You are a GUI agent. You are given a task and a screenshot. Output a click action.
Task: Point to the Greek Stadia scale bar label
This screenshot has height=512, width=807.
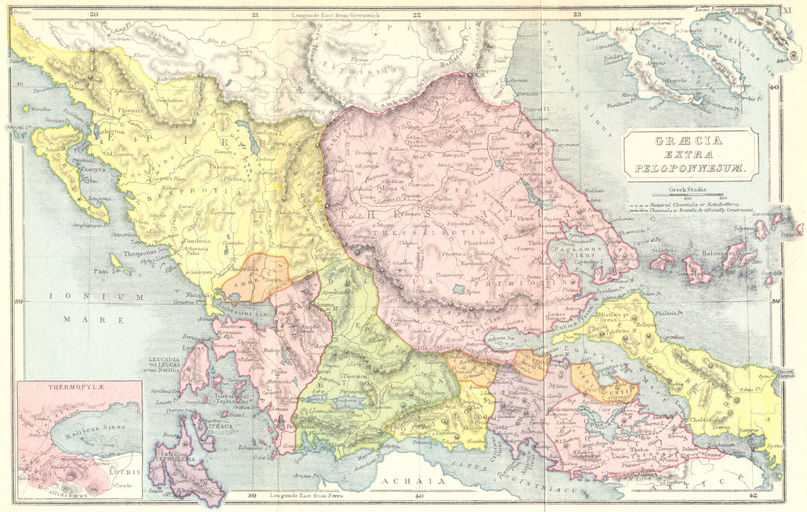point(687,190)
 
